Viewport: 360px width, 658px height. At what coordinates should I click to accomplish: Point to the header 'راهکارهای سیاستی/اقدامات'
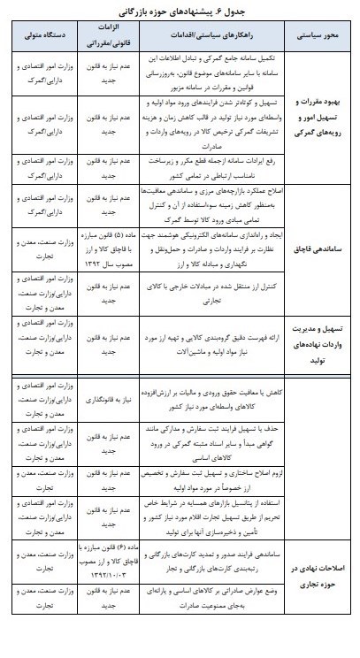204,37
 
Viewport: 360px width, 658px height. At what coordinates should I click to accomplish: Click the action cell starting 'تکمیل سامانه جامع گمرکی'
204,72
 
